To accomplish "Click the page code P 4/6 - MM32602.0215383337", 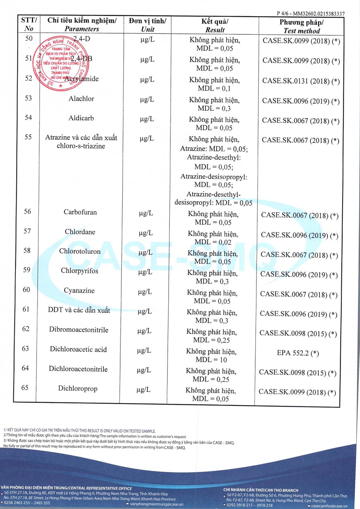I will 310,14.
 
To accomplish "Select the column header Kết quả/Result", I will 215,25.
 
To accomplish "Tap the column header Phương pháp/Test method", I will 302,26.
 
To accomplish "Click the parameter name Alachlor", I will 81,99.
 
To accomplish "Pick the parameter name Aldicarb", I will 81,118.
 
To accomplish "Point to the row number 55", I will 28,137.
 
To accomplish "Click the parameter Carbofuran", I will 80,212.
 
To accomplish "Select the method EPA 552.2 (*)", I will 298,353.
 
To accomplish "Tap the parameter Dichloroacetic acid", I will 78,349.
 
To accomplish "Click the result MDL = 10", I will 211,360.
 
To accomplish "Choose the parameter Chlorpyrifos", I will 79,271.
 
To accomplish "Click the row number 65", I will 25,388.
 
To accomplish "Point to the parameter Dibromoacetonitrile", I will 79,329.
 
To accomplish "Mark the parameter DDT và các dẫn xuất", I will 79,310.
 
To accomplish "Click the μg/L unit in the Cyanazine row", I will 145,291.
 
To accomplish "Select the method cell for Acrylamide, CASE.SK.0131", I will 301,81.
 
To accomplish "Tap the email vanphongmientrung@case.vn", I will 157,504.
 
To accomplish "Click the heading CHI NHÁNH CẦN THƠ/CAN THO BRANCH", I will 260,490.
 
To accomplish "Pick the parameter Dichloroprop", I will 78,388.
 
